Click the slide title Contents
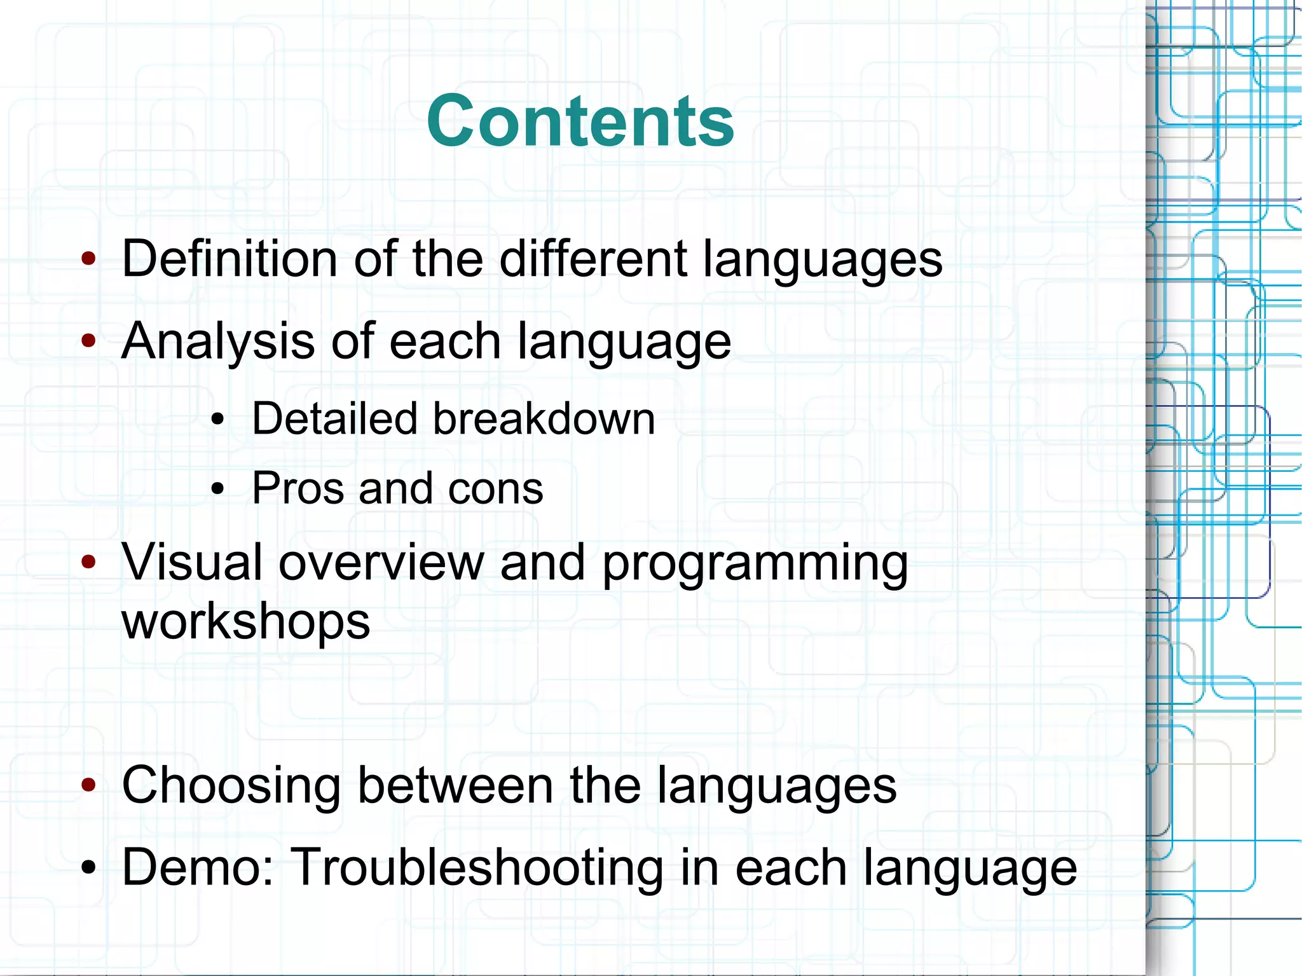pos(580,121)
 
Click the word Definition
pos(229,259)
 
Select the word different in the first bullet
pos(593,259)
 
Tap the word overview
pos(381,562)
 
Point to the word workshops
pos(246,622)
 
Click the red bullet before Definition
pos(89,259)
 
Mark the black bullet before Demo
pos(89,867)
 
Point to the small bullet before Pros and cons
pos(218,489)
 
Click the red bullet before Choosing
pos(89,785)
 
